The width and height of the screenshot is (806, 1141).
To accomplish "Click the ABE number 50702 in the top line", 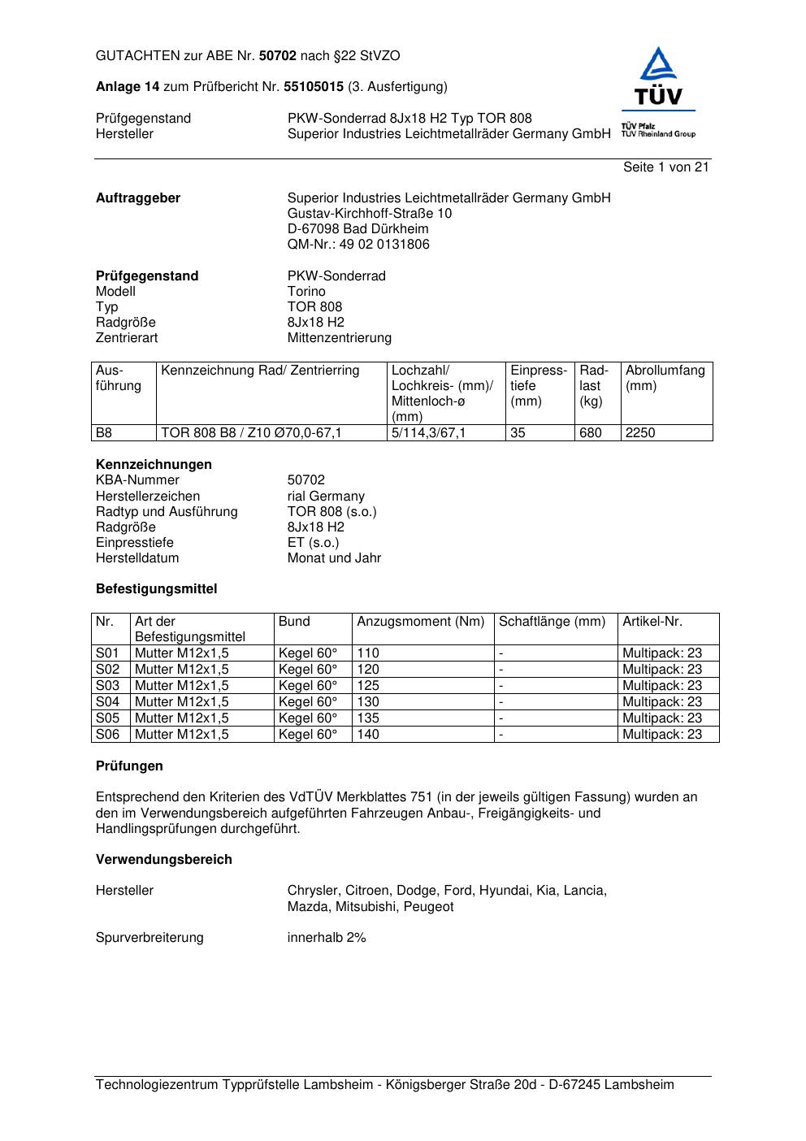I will point(278,56).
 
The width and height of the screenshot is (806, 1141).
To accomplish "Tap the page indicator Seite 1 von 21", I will point(665,167).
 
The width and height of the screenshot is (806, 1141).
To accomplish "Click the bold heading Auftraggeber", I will point(138,198).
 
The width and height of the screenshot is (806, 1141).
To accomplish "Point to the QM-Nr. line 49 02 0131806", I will point(358,245).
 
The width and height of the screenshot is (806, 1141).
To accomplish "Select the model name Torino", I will point(306,292).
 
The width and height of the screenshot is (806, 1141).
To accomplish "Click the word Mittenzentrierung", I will point(339,338).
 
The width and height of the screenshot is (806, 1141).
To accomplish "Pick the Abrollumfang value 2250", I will point(640,433).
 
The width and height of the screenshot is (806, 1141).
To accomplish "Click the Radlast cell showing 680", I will point(591,433).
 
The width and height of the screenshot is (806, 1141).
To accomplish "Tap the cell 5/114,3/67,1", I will point(429,433).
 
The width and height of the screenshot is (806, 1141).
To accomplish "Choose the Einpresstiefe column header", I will point(539,385).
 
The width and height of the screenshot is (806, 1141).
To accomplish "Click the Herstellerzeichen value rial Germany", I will point(326,497).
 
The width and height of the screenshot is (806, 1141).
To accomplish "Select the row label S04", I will point(107,702).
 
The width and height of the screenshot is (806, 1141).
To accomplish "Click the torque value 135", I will point(368,718).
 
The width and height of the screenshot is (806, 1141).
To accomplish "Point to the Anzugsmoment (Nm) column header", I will point(420,622).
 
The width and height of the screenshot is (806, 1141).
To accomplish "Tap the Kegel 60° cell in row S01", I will point(308,653).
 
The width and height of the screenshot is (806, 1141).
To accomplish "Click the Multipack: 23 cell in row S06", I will point(662,735).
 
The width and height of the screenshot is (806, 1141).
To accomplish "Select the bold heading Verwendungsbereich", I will point(164,860).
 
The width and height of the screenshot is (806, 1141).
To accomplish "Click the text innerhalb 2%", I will point(327,938).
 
